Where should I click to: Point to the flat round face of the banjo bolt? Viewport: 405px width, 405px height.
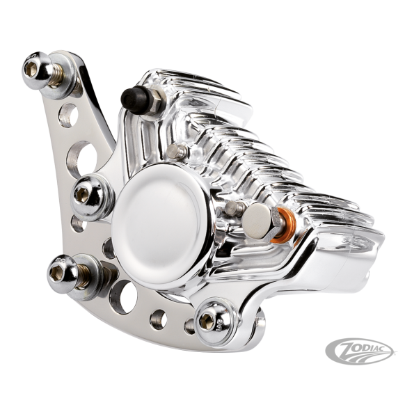256,221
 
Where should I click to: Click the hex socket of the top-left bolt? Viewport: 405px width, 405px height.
31,69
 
